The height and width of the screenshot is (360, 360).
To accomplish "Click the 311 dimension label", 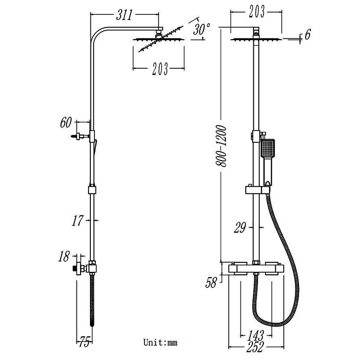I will tap(124, 15).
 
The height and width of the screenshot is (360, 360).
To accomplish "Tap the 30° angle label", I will tap(201, 30).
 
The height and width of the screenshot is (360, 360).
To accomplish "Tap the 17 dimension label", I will tap(77, 220).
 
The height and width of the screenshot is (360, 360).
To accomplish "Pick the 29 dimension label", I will tap(239, 228).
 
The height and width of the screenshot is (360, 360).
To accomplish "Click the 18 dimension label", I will tap(64, 257).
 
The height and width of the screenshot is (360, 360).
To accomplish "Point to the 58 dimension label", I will tap(211, 283).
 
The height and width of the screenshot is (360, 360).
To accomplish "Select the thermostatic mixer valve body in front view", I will tap(255, 269).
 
